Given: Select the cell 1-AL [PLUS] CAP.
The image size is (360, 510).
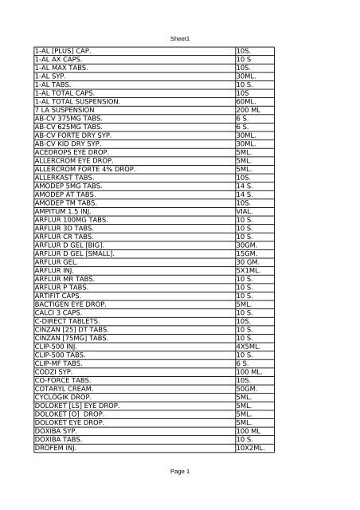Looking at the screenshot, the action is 64,51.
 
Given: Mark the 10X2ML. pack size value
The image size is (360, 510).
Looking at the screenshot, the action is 251,447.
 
